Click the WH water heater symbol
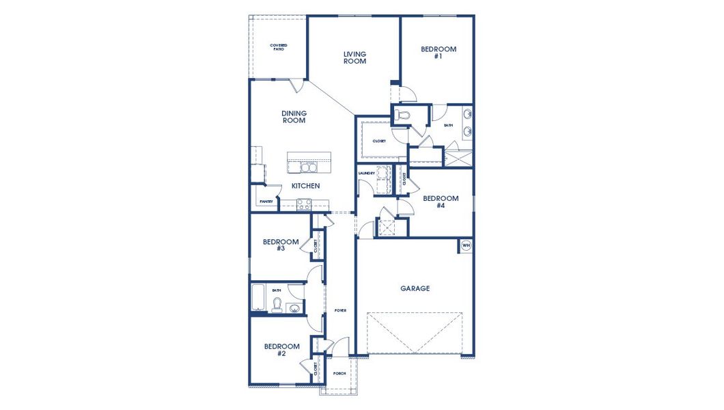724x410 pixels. tap(466, 245)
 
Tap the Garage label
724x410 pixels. tap(415, 288)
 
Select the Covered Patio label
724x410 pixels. tap(278, 47)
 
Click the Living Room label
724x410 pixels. tap(354, 57)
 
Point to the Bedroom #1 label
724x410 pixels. tap(438, 53)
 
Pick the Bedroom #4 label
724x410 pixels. tap(441, 202)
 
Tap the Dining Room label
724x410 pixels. tap(294, 117)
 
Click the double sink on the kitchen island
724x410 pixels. tap(304, 167)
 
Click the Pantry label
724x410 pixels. tap(266, 202)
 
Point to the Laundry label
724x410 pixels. tap(366, 174)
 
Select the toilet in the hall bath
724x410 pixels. tap(277, 305)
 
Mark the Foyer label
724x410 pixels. tap(339, 310)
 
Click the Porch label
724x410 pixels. tap(339, 374)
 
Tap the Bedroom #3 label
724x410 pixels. tap(281, 245)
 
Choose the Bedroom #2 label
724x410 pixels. tap(281, 349)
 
